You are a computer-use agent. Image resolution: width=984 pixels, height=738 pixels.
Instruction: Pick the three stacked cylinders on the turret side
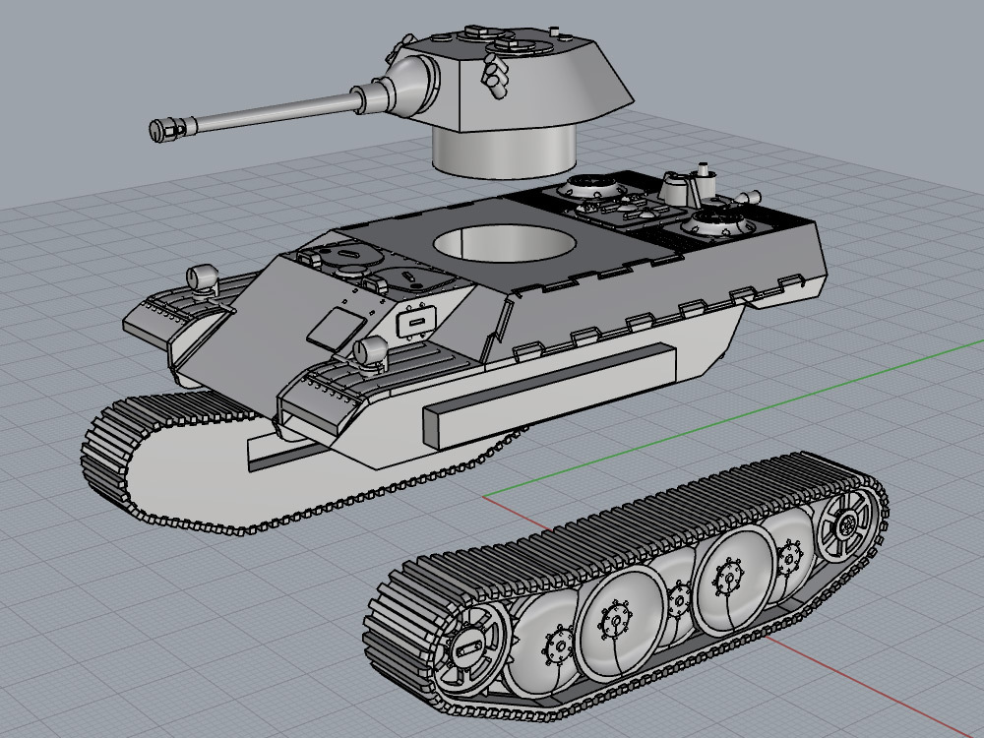(493, 77)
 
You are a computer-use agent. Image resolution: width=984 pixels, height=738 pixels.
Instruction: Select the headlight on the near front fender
(372, 351)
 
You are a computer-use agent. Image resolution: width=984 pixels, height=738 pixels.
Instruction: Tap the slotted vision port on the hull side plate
(417, 321)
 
